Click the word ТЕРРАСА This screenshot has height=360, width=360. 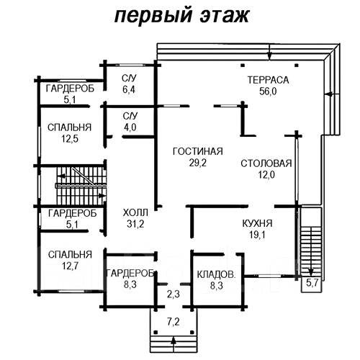(268, 80)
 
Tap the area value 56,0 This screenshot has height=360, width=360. (268, 91)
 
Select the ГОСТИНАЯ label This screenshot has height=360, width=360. (198, 151)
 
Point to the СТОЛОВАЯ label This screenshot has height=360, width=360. (266, 163)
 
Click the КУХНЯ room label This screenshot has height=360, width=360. (257, 223)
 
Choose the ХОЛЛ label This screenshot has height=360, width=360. (135, 212)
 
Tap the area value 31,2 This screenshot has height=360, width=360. (135, 224)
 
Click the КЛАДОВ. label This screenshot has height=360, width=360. (216, 274)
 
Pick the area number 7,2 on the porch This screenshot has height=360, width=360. (174, 322)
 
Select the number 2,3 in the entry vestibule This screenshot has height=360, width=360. (174, 294)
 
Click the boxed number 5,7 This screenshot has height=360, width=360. (312, 283)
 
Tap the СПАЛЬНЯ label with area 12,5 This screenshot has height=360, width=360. (70, 127)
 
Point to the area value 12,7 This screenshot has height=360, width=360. (70, 266)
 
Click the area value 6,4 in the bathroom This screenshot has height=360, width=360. (129, 89)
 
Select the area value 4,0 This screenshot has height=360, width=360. (130, 127)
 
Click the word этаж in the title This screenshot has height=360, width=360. (225, 16)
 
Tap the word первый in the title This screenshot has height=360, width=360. (153, 17)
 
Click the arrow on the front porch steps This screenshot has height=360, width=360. (174, 344)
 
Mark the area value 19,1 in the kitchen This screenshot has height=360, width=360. (257, 235)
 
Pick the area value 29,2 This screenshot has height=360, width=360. (198, 163)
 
